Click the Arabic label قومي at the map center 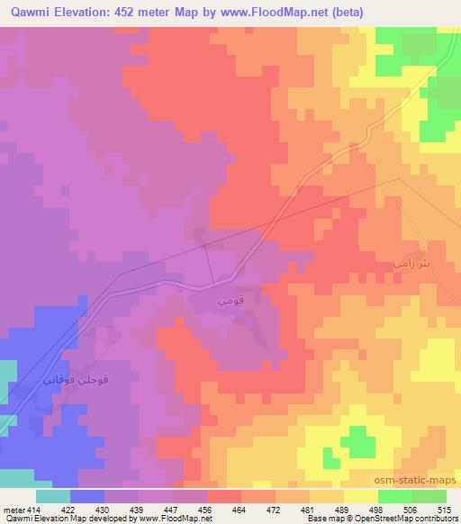click(227, 294)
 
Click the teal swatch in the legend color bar click(53, 496)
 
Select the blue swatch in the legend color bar click(87, 496)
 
